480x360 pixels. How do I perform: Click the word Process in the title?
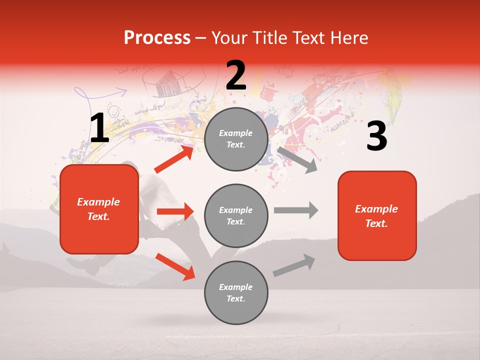pyautogui.click(x=157, y=37)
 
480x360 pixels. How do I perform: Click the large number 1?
pyautogui.click(x=99, y=128)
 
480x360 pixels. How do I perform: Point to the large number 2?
pyautogui.click(x=236, y=75)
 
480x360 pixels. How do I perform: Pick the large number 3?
pyautogui.click(x=376, y=136)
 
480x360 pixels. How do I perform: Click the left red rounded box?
pyautogui.click(x=99, y=209)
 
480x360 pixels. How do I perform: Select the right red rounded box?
pyautogui.click(x=377, y=216)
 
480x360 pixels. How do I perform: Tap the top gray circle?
pyautogui.click(x=236, y=139)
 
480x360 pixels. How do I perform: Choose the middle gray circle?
pyautogui.click(x=236, y=215)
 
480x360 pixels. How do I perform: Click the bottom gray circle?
pyautogui.click(x=236, y=292)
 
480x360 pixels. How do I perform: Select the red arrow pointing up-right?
pyautogui.click(x=174, y=159)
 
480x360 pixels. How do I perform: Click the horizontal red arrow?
pyautogui.click(x=175, y=211)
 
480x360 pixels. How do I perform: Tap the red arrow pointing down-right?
pyautogui.click(x=175, y=266)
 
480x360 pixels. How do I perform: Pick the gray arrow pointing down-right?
pyautogui.click(x=297, y=159)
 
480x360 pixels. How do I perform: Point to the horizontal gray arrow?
pyautogui.click(x=296, y=210)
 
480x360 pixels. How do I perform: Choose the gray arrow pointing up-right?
pyautogui.click(x=294, y=265)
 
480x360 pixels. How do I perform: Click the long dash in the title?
pyautogui.click(x=201, y=38)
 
